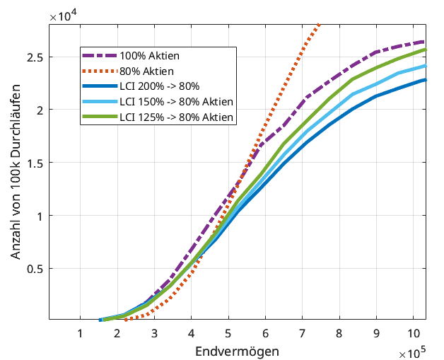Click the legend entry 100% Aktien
pos(149,56)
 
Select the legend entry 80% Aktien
pos(147,71)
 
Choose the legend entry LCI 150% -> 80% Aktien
pos(176,102)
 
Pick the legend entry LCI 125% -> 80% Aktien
pos(176,117)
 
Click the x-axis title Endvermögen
pos(237,351)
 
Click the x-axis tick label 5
pos(228,333)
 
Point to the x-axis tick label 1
pos(80,333)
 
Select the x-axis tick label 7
pos(303,333)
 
